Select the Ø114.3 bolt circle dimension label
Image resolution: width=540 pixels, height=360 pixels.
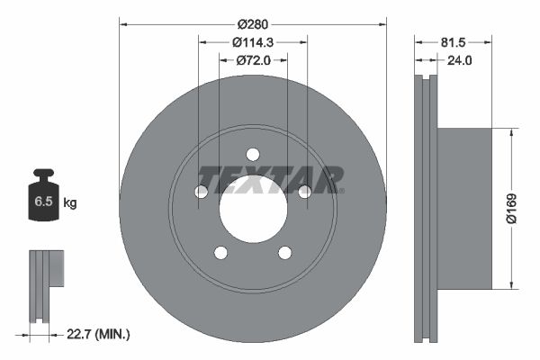point(253,41)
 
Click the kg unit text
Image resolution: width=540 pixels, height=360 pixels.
point(70,203)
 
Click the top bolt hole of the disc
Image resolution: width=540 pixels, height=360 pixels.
point(253,153)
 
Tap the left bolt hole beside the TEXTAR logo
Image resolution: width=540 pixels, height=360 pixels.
point(202,191)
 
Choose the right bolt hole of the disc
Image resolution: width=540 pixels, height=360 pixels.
point(304,191)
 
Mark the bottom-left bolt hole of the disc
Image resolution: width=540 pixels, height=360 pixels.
point(221,252)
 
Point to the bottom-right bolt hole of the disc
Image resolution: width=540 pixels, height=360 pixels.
point(284,252)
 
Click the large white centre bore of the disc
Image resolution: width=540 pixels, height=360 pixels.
point(253,209)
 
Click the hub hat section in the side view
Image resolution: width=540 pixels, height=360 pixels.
point(464,206)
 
